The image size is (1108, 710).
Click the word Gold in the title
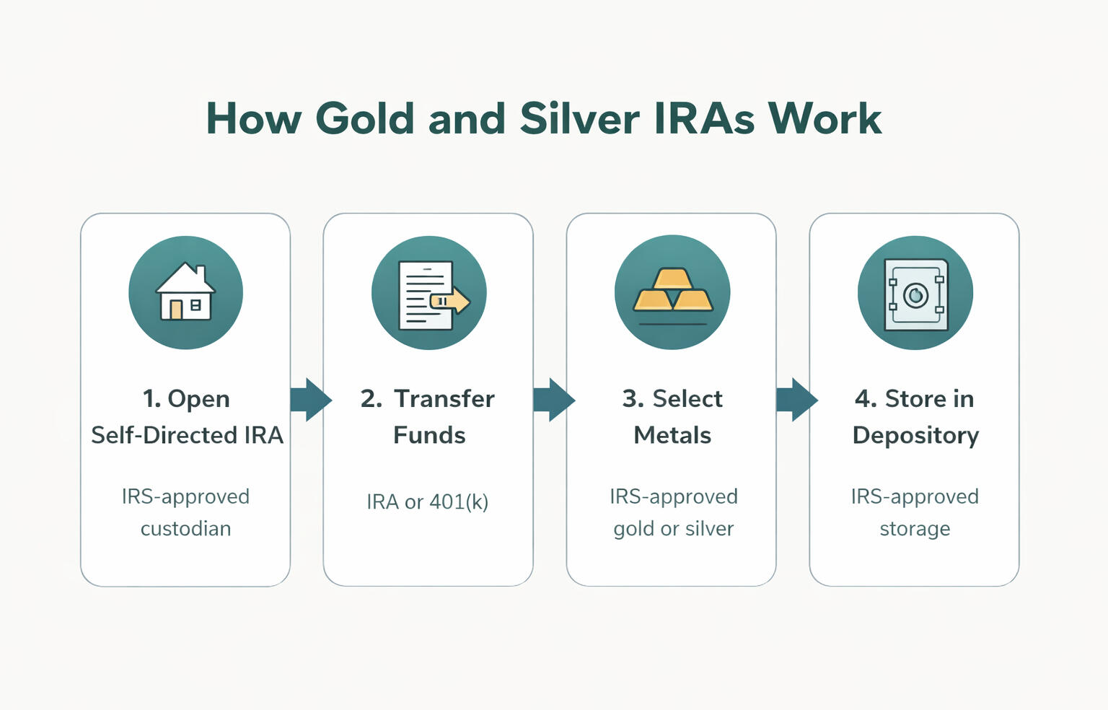[364, 118]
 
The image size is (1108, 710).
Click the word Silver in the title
[579, 118]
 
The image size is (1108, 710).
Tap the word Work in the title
[825, 118]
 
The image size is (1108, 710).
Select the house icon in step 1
[185, 292]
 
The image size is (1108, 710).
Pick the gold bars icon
[672, 290]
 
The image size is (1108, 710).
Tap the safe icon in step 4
[915, 294]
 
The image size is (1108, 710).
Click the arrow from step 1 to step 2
[310, 399]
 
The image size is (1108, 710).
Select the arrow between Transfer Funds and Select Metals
[553, 399]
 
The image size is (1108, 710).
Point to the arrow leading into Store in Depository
[796, 399]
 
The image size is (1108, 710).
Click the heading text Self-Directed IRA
[187, 435]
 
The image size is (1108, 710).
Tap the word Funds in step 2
[429, 435]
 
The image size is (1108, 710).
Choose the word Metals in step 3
[672, 435]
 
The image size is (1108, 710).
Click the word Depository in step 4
[915, 435]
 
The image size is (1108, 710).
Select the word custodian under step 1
[185, 528]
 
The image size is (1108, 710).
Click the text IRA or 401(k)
[428, 501]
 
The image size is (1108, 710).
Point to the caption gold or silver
[673, 528]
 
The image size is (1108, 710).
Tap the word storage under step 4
[915, 528]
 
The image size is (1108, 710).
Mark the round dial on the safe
[915, 295]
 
